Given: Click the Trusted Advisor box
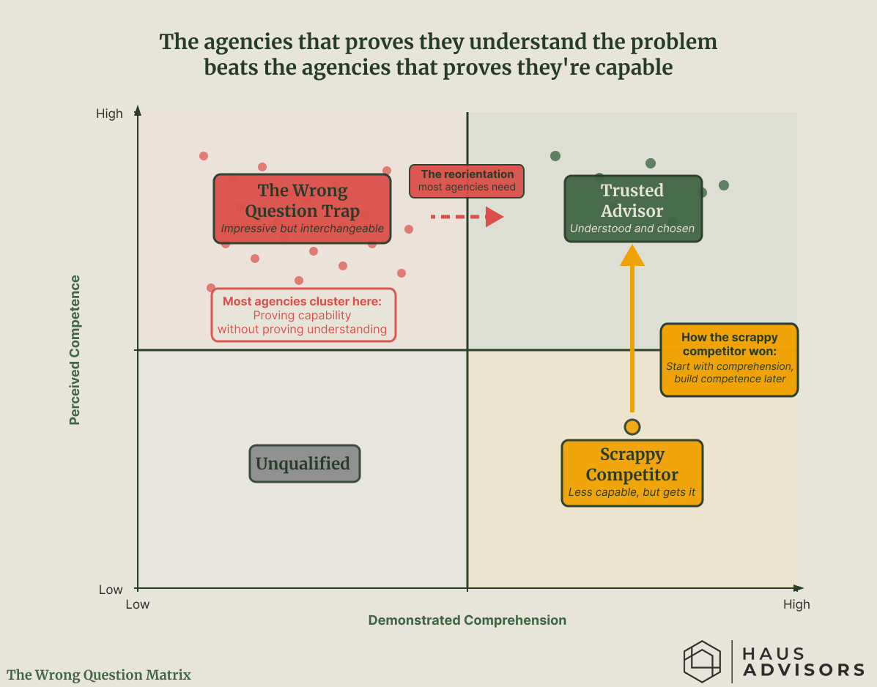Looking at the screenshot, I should (x=632, y=209).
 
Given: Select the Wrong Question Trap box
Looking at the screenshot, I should (x=302, y=208).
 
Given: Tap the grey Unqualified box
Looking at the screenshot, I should (x=304, y=464).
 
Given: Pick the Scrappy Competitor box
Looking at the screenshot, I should (x=632, y=472).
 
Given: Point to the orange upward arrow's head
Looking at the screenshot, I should (x=632, y=254).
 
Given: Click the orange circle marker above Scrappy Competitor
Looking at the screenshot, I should (x=632, y=426).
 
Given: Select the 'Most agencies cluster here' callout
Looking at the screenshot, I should (x=304, y=315).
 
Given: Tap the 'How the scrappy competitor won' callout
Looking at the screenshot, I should (x=729, y=360).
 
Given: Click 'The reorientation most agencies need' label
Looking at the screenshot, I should (x=467, y=181).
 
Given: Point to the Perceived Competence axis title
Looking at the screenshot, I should (x=75, y=350).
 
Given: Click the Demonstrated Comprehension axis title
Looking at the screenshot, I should (x=467, y=620).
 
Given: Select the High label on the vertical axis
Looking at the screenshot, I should (x=110, y=114).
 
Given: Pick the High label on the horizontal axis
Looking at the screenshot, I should (x=796, y=604).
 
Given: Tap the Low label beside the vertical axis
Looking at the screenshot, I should (x=111, y=590).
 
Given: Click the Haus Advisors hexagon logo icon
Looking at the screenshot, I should (x=702, y=661).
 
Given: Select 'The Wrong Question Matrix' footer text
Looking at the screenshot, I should (x=99, y=675).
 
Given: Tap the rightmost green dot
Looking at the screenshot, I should (x=724, y=185).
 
